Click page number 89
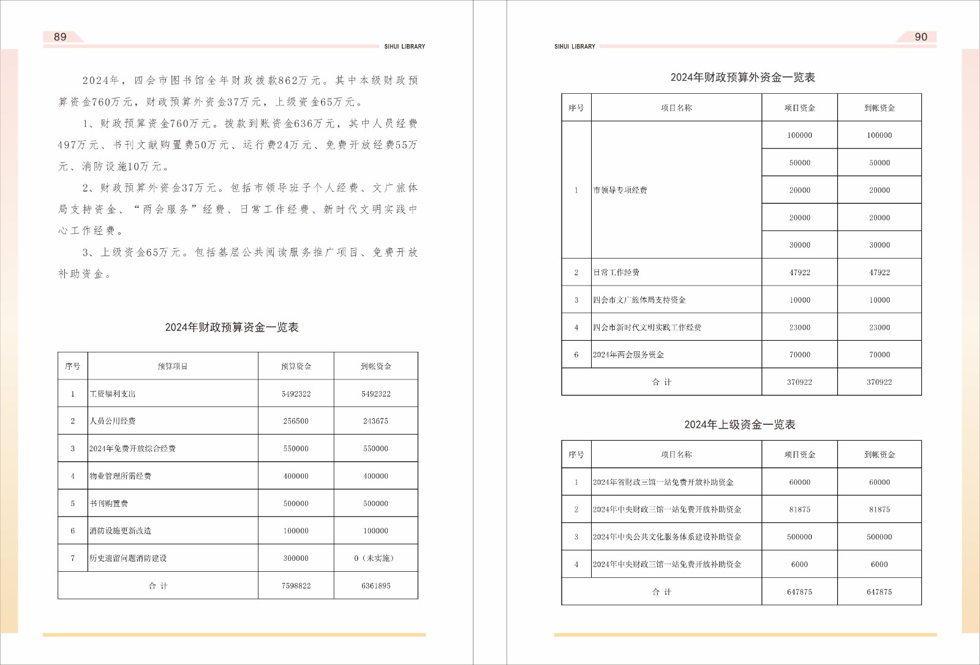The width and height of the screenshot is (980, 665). click(60, 37)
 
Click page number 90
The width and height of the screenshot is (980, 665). click(921, 37)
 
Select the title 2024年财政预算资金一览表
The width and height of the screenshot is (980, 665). click(232, 327)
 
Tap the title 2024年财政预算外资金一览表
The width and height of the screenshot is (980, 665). click(742, 77)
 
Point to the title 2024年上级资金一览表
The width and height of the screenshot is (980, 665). click(739, 425)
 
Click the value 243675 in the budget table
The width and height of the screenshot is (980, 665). click(375, 421)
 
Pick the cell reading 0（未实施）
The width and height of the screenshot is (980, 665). click(375, 558)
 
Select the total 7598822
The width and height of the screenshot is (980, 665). click(296, 586)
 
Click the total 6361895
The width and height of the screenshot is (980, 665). click(375, 586)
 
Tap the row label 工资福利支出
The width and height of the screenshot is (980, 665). click(113, 394)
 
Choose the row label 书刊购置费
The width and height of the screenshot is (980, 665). click(109, 504)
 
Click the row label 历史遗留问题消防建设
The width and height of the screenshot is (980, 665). click(128, 558)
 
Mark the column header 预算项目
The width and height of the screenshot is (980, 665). click(173, 367)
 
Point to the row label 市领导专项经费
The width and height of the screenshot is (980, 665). click(620, 190)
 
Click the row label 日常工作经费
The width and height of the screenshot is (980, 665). click(616, 272)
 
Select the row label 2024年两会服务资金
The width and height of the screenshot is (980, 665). click(628, 355)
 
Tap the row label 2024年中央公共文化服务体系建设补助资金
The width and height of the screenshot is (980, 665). click(667, 537)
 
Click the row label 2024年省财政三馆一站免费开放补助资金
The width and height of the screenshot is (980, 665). click(663, 482)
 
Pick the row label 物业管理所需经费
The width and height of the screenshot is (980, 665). click(121, 476)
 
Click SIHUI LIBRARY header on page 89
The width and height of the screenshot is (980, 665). click(404, 47)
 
